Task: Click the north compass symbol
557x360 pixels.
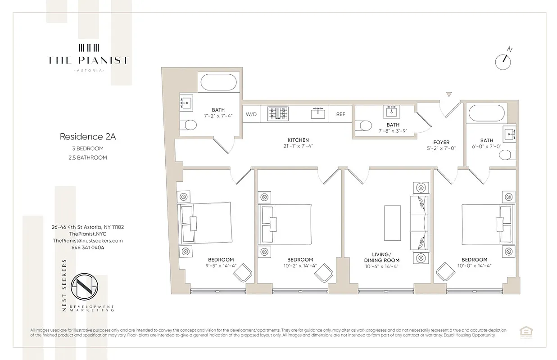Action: point(503,61)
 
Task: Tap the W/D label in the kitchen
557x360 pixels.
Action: point(251,114)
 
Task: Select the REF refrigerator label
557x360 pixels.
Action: point(340,114)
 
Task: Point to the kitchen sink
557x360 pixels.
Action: point(318,113)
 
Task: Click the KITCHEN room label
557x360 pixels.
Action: point(298,140)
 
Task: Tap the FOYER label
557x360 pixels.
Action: point(441,142)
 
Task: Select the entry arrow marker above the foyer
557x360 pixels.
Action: point(448,94)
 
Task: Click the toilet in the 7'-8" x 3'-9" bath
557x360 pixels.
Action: point(364,126)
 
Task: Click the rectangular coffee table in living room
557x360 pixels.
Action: point(392,223)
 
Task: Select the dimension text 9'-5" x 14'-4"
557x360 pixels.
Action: point(221,266)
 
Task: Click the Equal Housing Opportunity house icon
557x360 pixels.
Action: point(524,332)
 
